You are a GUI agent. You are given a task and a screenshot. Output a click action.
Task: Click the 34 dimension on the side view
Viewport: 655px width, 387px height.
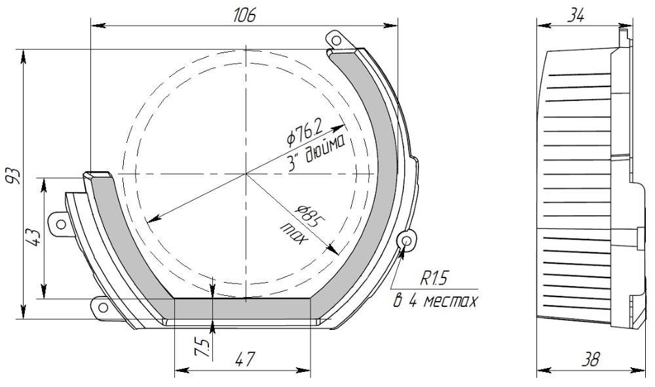[575, 16]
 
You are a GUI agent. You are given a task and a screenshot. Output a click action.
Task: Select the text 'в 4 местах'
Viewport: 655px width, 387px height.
[436, 302]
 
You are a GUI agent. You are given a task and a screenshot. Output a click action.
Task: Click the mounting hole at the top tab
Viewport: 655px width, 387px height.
[336, 41]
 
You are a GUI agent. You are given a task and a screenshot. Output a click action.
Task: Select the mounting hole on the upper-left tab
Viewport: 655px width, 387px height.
[61, 224]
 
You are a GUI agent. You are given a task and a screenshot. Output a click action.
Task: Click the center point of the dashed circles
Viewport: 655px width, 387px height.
[246, 174]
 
